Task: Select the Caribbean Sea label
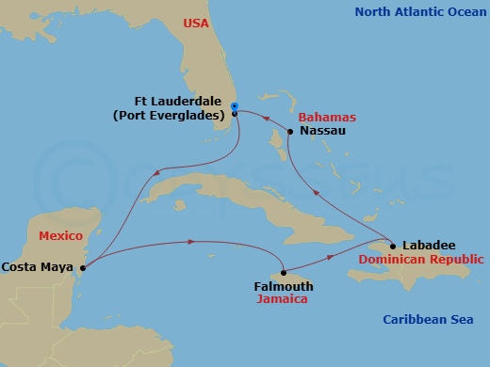point(427,320)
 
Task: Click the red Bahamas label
point(327,118)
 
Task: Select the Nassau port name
point(323,132)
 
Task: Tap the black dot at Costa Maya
point(83,267)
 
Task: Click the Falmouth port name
point(284,286)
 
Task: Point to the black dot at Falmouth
point(284,273)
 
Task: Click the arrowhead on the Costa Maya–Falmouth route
point(191,242)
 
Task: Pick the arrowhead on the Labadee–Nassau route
point(316,195)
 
